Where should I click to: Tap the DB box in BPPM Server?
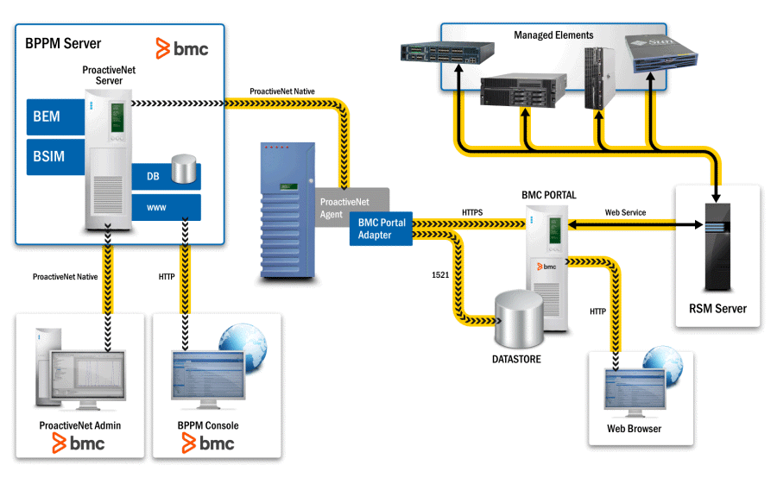click(154, 176)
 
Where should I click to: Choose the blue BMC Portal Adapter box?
click(381, 229)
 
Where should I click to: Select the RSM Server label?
click(718, 309)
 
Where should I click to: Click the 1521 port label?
click(440, 274)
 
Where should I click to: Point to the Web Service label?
click(625, 212)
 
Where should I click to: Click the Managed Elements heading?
click(553, 35)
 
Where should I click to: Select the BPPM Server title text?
click(63, 43)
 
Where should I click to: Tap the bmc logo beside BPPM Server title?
click(182, 48)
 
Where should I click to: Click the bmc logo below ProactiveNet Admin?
click(79, 443)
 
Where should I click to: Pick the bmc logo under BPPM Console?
click(208, 443)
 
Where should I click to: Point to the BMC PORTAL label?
click(548, 196)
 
